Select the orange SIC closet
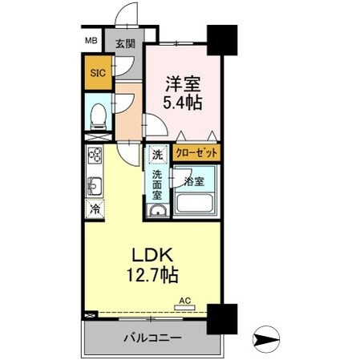coord(96,71)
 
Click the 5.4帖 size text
coord(182,103)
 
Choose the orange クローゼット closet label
coord(196,152)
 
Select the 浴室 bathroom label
coord(195,181)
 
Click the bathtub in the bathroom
coord(196,200)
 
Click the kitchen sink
coord(94,187)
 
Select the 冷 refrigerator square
coord(95,210)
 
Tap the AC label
coord(184,301)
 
